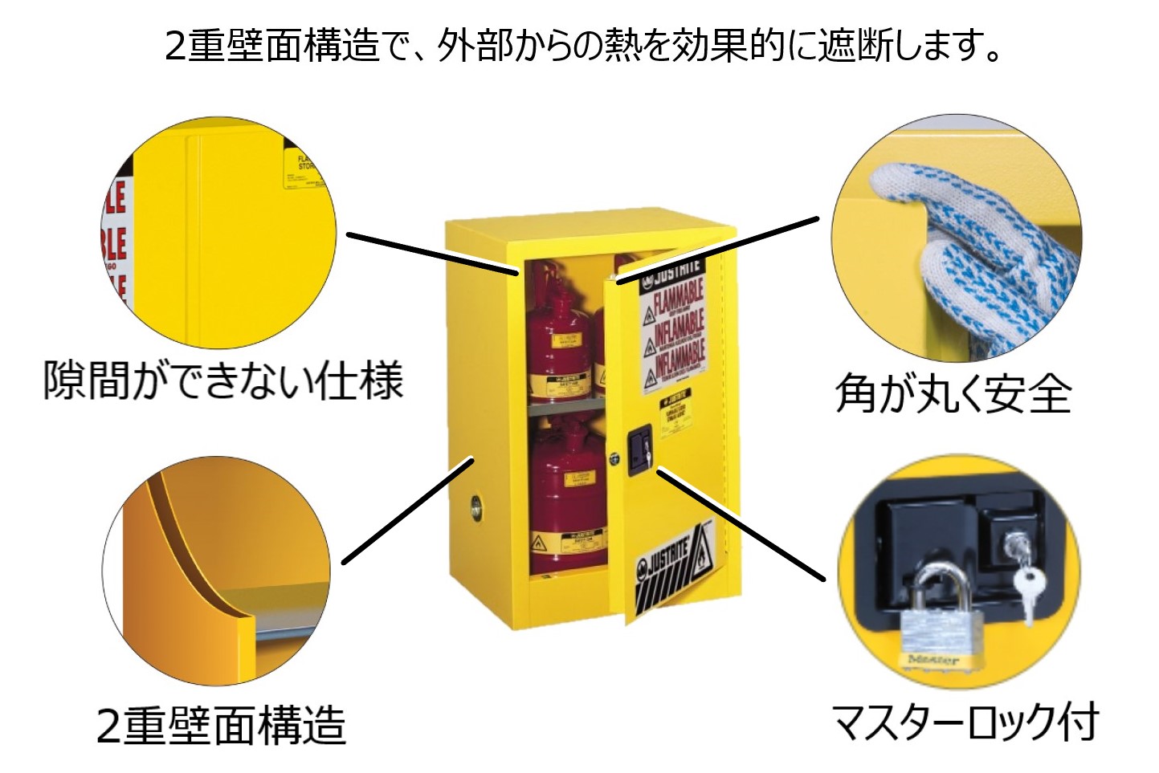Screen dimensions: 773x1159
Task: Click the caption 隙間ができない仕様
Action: click(222, 380)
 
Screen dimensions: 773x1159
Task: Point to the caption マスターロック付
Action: click(964, 721)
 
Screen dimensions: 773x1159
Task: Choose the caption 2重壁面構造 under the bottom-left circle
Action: click(221, 725)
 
